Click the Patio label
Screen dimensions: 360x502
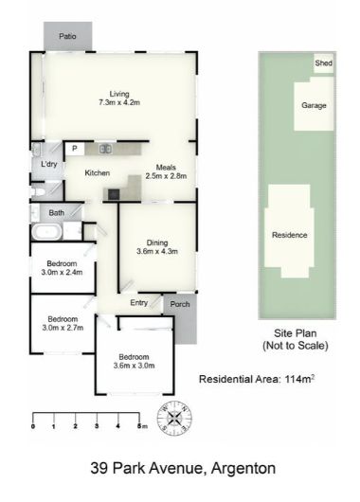pos(67,36)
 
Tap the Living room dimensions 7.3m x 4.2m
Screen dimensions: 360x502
pos(119,103)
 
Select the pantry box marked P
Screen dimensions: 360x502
pos(75,149)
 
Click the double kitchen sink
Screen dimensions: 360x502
pos(104,149)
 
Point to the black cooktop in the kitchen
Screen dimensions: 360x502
pos(114,194)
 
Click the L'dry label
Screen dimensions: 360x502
pos(48,164)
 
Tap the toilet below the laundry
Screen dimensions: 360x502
pos(38,191)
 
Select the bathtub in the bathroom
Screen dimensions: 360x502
pos(46,232)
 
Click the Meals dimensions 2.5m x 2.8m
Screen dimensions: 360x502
pos(166,176)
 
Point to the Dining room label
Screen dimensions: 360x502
pos(157,242)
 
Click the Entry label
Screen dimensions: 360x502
pos(139,303)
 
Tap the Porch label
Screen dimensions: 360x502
pos(180,304)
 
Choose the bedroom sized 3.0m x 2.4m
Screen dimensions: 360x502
pos(63,268)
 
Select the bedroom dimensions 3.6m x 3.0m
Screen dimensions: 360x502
pos(134,366)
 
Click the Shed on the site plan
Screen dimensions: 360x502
pos(323,63)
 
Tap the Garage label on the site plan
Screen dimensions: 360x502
pos(314,105)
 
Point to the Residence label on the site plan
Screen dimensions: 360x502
pos(290,235)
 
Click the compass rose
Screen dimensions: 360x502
pos(174,418)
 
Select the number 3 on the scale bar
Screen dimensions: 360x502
pos(97,426)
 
